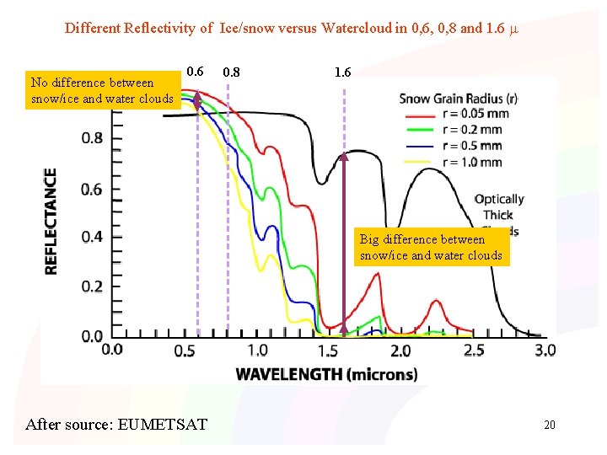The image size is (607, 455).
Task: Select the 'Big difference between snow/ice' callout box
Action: pyautogui.click(x=431, y=247)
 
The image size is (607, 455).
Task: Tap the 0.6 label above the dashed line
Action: pyautogui.click(x=195, y=72)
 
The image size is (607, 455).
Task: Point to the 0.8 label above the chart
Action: pyautogui.click(x=230, y=72)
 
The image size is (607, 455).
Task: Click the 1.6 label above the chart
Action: pyautogui.click(x=342, y=72)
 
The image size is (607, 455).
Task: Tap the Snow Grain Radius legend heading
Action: pyautogui.click(x=458, y=99)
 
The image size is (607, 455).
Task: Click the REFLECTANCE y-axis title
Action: pyautogui.click(x=51, y=221)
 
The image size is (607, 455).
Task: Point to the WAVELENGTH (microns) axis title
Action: pyautogui.click(x=326, y=374)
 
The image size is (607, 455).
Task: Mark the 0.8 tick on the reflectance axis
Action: pyautogui.click(x=93, y=137)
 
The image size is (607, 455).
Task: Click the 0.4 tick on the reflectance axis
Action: pyautogui.click(x=93, y=237)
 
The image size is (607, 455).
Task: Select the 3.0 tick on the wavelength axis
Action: pyautogui.click(x=545, y=350)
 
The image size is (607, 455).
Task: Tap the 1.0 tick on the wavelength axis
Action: pyautogui.click(x=257, y=350)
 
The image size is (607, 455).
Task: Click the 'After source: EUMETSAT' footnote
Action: pyautogui.click(x=116, y=424)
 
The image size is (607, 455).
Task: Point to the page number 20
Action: pyautogui.click(x=549, y=425)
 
